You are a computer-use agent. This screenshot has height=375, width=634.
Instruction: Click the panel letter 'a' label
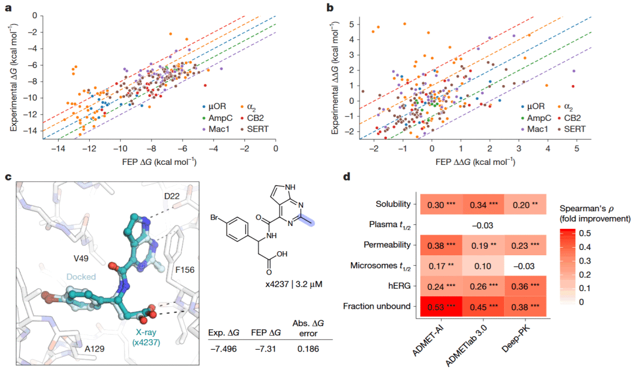click(x=8, y=7)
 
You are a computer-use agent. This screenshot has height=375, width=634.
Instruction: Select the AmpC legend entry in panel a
click(x=218, y=118)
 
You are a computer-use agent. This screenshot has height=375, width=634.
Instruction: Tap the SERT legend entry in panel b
click(x=571, y=129)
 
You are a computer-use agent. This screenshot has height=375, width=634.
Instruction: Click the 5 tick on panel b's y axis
click(x=352, y=24)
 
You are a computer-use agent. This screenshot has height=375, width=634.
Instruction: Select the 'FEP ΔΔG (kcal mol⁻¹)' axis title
click(x=475, y=162)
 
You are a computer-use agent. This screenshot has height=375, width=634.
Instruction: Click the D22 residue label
click(x=183, y=196)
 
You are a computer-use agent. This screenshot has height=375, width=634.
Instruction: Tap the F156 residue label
click(x=185, y=269)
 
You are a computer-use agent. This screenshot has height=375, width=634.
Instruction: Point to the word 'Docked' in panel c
click(x=81, y=277)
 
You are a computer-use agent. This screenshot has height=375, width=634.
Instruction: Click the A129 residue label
click(x=94, y=348)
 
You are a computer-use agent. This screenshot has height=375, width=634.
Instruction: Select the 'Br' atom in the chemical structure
click(x=214, y=218)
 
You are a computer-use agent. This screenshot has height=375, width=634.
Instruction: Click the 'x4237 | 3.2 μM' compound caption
click(x=294, y=284)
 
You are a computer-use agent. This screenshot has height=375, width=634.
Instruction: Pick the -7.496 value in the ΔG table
click(x=224, y=349)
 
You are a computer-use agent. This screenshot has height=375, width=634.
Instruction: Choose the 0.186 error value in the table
click(x=308, y=349)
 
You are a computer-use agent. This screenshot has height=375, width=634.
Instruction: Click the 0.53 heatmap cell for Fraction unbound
click(x=441, y=306)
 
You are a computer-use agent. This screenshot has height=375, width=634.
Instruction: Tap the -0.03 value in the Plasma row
click(x=483, y=225)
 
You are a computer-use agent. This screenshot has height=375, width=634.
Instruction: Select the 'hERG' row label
click(x=399, y=286)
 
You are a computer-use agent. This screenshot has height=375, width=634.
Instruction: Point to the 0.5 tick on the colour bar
click(x=585, y=233)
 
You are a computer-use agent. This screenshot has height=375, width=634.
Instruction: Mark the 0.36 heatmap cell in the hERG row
click(x=525, y=286)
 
